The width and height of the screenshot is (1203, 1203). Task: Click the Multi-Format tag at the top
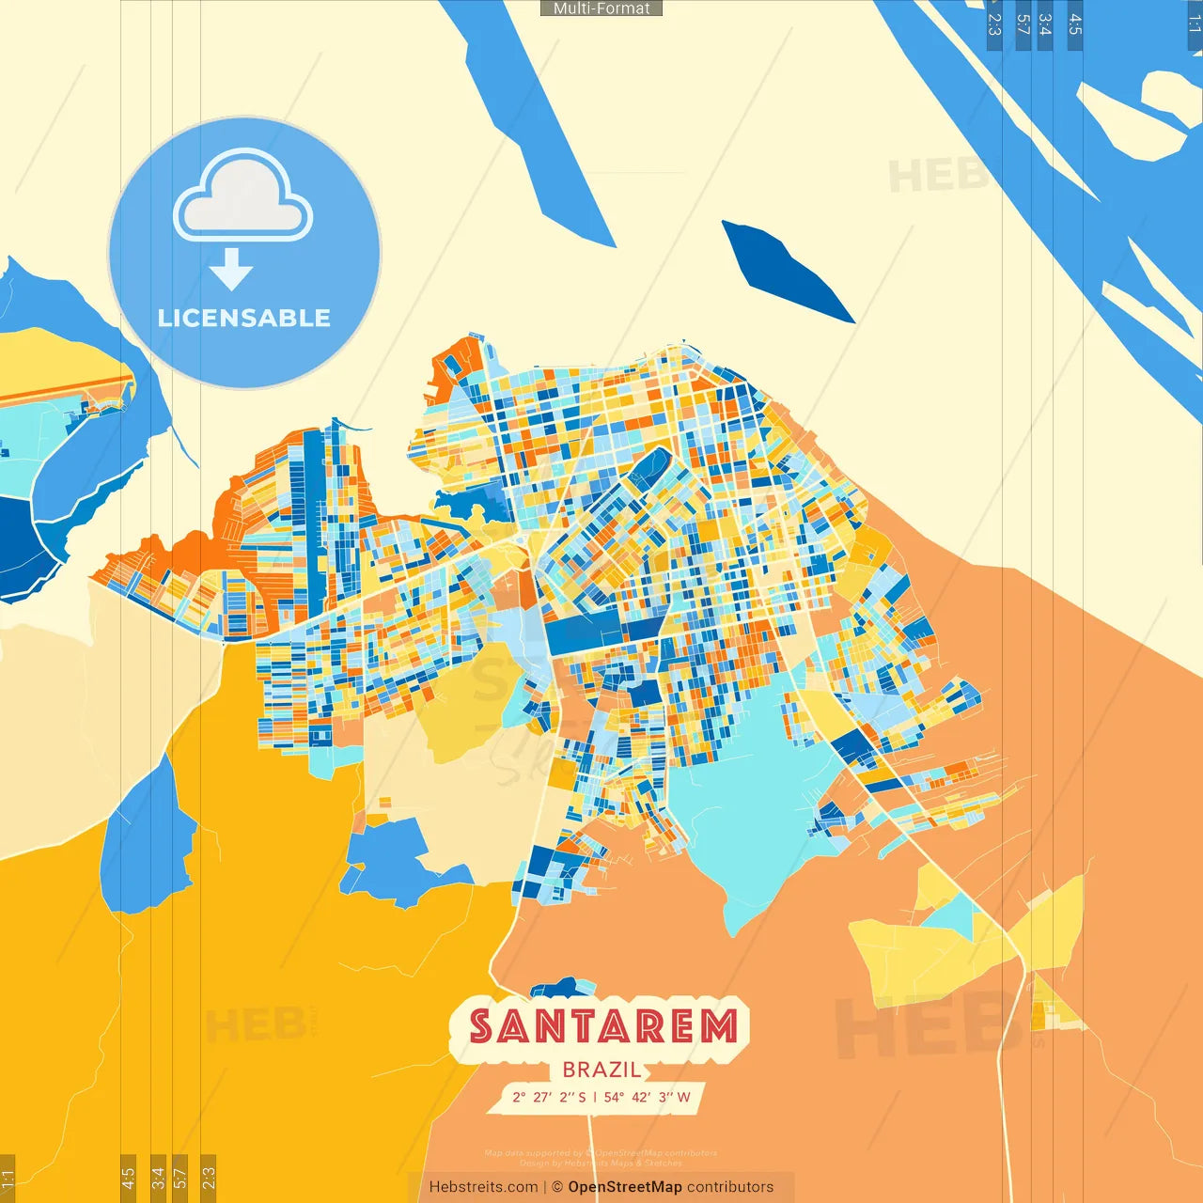coord(601,8)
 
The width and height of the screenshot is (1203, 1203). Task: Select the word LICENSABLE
coord(244,318)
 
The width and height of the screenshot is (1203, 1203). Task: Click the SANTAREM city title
coord(602,1026)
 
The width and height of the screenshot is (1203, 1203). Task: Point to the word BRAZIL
coord(601,1070)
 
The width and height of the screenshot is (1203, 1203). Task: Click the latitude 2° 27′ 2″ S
coord(549,1097)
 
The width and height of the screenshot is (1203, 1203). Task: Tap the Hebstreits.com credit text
coord(483,1187)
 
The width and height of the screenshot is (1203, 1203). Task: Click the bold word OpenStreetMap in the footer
coord(625,1187)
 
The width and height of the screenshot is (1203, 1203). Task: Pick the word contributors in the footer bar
coord(730,1187)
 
